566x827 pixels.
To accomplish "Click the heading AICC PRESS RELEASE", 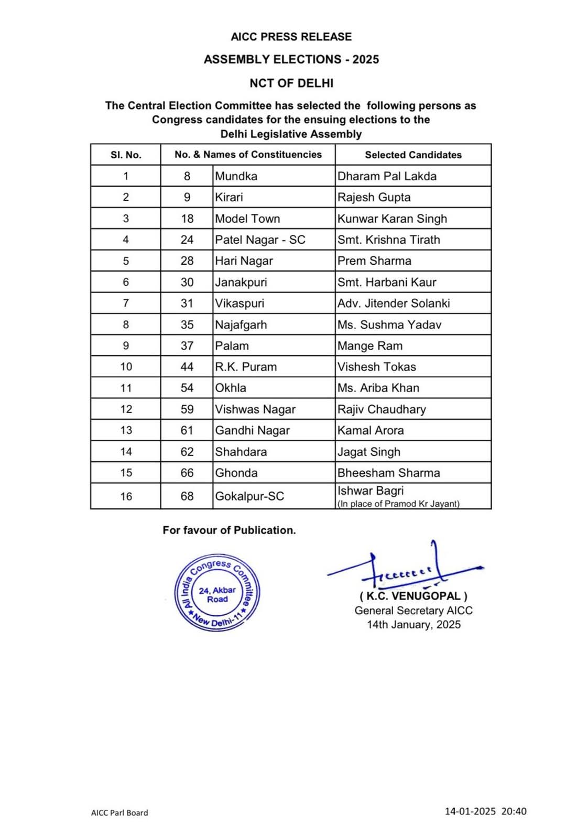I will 291,37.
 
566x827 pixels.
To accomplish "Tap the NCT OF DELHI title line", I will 291,83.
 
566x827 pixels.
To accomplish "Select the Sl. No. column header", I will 126,155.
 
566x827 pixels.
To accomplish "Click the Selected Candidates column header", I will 413,155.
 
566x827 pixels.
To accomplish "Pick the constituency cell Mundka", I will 236,176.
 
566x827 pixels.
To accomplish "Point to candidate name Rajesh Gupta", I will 374,198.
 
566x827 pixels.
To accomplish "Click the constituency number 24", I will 187,240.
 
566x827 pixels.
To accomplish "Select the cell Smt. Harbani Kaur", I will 387,282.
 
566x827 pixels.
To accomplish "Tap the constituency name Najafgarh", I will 241,324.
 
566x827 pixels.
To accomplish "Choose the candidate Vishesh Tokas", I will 376,367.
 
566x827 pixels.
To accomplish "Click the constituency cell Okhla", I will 231,388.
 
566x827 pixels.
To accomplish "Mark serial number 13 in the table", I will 126,430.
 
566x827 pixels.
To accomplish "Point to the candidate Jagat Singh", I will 368,452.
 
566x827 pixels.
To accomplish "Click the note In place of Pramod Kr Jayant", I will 398,504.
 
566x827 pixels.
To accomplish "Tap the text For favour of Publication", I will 229,530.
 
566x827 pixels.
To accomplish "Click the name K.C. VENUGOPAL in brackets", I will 413,596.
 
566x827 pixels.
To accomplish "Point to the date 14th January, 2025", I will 413,624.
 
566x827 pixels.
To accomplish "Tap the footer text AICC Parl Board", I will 119,812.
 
